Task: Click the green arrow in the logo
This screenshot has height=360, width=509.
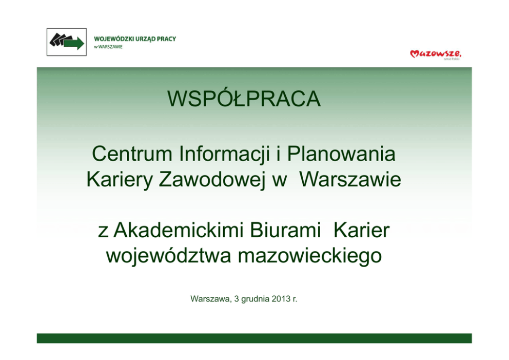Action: point(74,43)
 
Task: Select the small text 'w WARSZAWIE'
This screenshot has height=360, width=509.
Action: point(108,47)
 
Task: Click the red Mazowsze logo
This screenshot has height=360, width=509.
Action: point(436,54)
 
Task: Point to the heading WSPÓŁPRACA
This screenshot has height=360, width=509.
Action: point(244,99)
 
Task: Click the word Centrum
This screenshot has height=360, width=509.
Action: point(132,154)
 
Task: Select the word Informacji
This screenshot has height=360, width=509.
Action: point(224,155)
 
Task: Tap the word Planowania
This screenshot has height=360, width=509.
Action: point(341,154)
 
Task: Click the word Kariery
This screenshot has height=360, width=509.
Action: point(119,180)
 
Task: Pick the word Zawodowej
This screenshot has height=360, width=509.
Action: point(211,180)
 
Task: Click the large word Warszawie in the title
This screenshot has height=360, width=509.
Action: point(350,179)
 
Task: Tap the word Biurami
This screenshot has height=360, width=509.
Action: point(285,230)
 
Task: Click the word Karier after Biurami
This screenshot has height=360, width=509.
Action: point(361,230)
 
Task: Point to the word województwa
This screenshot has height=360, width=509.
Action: point(168,256)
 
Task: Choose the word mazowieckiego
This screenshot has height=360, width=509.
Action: point(310,256)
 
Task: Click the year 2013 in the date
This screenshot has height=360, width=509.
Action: point(281,298)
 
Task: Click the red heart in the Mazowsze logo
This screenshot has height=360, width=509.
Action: point(415,53)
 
